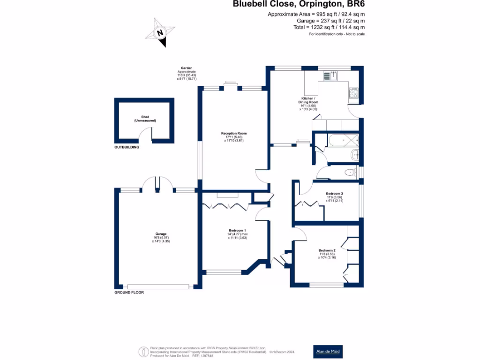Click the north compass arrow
point(161,33)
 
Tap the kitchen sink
point(331,75)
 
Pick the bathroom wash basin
point(355,155)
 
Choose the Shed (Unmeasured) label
point(145,119)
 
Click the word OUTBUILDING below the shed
point(127,147)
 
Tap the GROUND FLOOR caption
point(129,292)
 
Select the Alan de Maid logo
point(328,351)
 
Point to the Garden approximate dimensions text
point(187,74)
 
